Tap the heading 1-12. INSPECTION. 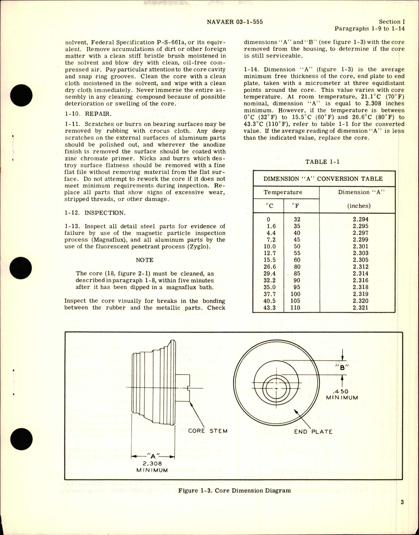coord(95,212)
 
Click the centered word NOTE coord(145,260)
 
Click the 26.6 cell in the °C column coord(269,267)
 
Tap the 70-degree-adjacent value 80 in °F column coord(297,267)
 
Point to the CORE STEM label coord(208,431)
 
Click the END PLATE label coord(313,431)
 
